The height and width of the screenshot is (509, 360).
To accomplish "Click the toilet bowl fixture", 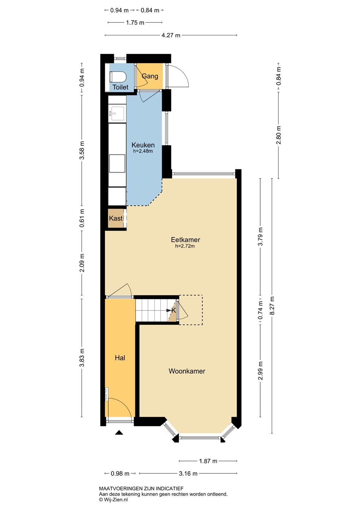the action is click(118, 77).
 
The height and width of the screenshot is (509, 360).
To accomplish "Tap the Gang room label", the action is click(150, 76).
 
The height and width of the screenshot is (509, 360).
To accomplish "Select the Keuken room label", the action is click(143, 145).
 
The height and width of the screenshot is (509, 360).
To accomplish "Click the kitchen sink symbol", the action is click(117, 113).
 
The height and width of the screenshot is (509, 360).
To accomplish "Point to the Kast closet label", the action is click(116, 218).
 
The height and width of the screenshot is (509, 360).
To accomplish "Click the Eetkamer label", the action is click(185, 240).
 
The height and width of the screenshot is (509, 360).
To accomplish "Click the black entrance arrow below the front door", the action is click(119, 432).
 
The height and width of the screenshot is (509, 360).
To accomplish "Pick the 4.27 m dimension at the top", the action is click(171, 35).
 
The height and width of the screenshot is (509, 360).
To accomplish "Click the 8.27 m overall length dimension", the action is click(272, 306).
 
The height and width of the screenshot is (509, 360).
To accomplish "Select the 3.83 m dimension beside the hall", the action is click(82, 357).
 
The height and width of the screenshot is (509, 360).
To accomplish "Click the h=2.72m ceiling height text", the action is click(185, 246).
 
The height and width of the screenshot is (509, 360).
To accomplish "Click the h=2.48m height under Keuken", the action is click(143, 151).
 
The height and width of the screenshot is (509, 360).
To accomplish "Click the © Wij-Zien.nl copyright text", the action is click(113, 499).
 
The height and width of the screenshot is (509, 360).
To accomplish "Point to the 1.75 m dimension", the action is click(135, 23).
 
